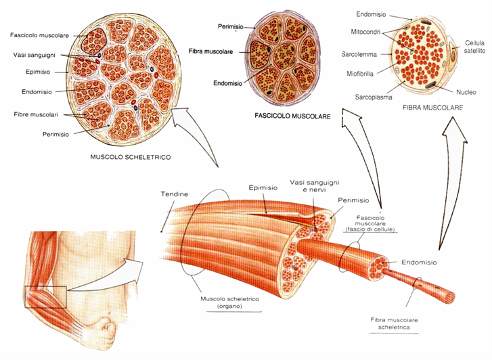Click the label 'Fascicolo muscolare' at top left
(39, 35)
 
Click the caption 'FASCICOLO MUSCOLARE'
(292, 116)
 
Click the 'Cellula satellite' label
(474, 48)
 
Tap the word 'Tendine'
(174, 194)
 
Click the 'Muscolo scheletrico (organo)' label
(221, 302)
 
